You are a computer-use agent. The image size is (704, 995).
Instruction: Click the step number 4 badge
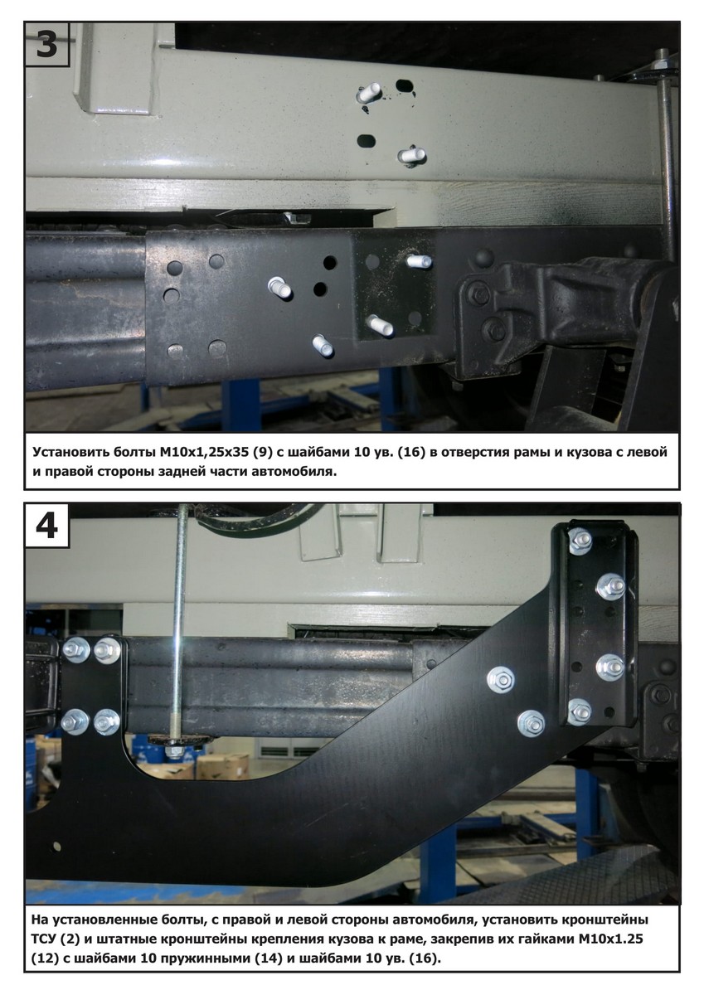[46, 526]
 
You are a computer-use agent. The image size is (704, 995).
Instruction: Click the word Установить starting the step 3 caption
[68, 453]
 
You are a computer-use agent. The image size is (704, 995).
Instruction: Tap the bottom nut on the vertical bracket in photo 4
[580, 713]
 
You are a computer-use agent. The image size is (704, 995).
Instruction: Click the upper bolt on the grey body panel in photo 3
[368, 93]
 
